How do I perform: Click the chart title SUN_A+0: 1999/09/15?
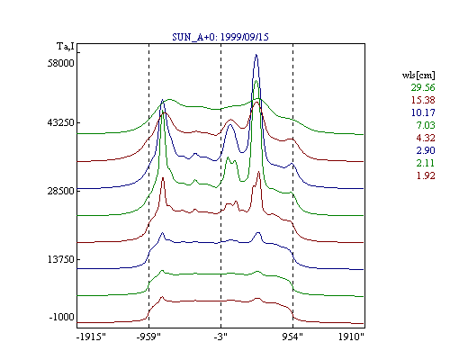click(220, 37)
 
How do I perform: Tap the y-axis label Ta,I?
click(66, 47)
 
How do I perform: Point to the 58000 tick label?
click(61, 63)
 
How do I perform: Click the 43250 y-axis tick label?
click(61, 123)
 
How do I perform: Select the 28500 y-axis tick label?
click(61, 191)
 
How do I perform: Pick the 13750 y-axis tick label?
click(61, 259)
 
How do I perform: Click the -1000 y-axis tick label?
click(62, 317)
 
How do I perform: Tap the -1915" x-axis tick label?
click(91, 337)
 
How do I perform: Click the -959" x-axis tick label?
click(148, 337)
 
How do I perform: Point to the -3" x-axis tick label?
click(220, 337)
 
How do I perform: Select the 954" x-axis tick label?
click(292, 337)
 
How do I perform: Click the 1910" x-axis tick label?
click(351, 337)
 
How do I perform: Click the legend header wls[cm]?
click(418, 76)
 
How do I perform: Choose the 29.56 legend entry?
click(423, 87)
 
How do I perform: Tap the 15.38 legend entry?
click(423, 100)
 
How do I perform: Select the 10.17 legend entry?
click(423, 112)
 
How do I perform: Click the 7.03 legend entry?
click(426, 125)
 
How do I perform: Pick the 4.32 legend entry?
click(426, 138)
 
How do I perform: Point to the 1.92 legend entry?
click(426, 175)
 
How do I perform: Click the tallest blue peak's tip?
click(256, 54)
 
